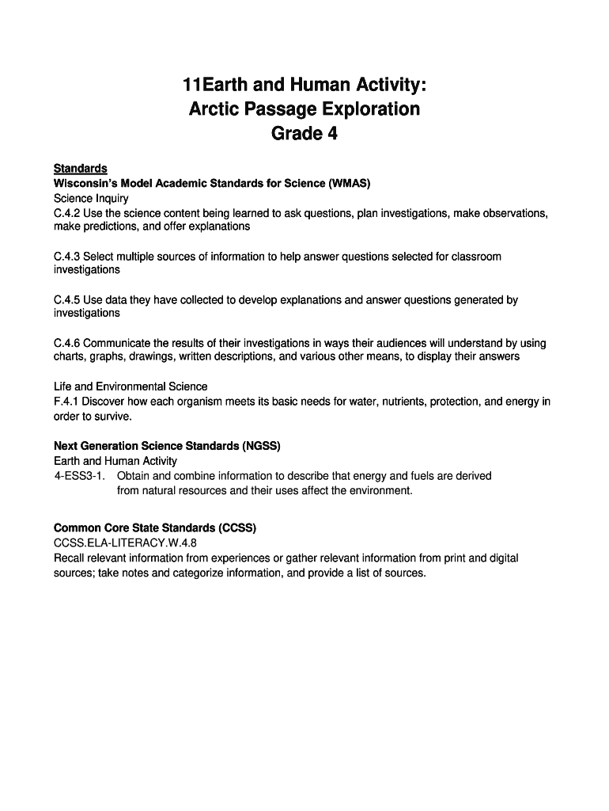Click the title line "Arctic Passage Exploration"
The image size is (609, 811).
(x=304, y=109)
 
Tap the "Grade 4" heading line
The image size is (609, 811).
(x=304, y=134)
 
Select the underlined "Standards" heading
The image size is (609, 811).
(x=80, y=169)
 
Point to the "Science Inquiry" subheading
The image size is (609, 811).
(x=91, y=199)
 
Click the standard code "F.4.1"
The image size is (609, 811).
(x=66, y=402)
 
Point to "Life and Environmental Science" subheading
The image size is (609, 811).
(x=130, y=386)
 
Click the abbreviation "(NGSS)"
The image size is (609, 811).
(x=256, y=446)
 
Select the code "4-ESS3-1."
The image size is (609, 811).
(x=80, y=476)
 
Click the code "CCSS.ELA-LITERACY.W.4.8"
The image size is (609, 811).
(x=125, y=543)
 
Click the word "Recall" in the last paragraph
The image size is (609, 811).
(x=70, y=558)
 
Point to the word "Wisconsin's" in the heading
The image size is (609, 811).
(x=85, y=184)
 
